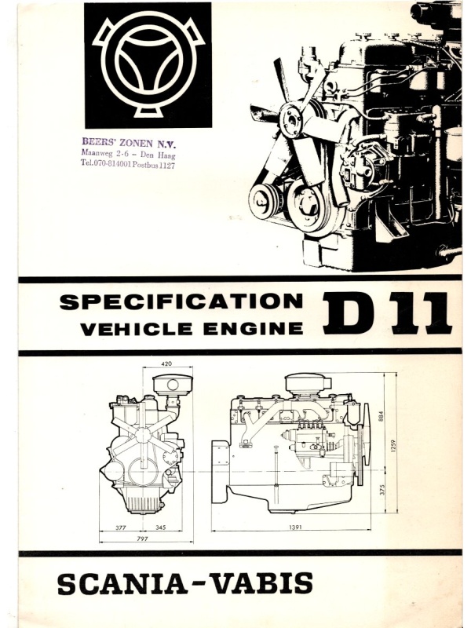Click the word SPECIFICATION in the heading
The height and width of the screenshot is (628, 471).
click(x=181, y=302)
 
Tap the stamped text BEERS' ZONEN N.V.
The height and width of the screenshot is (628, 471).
click(x=129, y=143)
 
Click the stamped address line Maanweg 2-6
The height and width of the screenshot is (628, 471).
click(x=105, y=153)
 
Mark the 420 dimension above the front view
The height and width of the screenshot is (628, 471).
click(x=166, y=364)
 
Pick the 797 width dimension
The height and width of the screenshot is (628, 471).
click(x=142, y=539)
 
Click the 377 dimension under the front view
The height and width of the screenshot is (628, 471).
click(x=121, y=528)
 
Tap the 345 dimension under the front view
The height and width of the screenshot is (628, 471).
click(x=160, y=528)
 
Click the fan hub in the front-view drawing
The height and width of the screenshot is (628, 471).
click(x=143, y=436)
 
